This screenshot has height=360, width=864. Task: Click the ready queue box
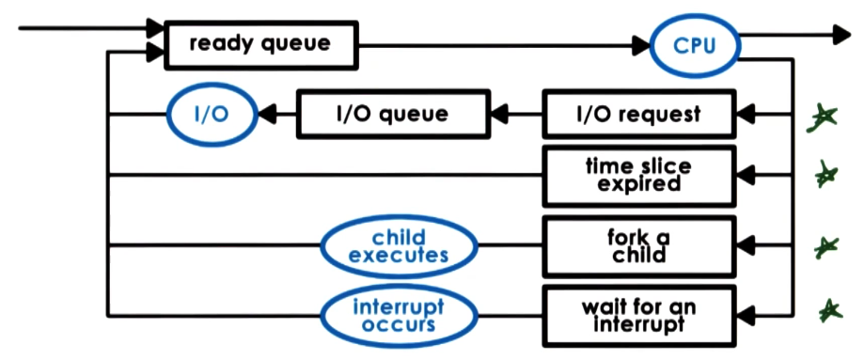(262, 44)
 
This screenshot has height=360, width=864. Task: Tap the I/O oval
(212, 115)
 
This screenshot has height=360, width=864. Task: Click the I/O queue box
(392, 115)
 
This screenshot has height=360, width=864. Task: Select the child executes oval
(397, 247)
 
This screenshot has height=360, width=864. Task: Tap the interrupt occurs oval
(397, 314)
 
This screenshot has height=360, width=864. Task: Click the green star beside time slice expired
(825, 175)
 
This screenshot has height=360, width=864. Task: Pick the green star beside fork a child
(825, 247)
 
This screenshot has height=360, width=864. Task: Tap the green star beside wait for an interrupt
(827, 309)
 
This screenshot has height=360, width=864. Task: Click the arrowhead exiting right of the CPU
(842, 36)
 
